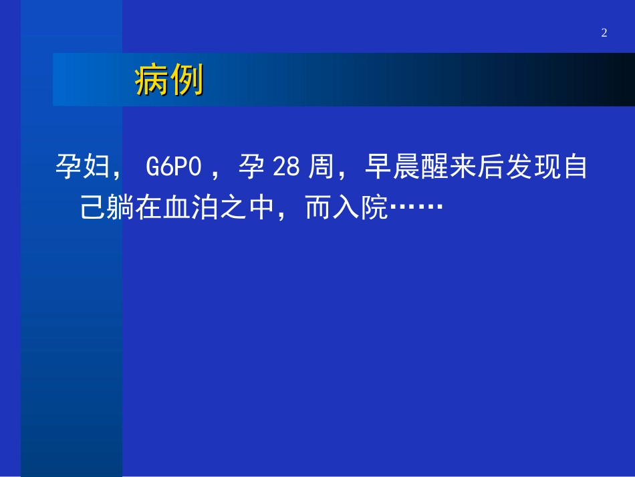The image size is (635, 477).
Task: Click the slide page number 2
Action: [604, 33]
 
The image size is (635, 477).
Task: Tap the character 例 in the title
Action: [186, 81]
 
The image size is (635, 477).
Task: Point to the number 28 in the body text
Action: [286, 167]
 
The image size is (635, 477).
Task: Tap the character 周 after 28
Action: [322, 167]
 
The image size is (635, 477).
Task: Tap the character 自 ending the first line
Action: [574, 167]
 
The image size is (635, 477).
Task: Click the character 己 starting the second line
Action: [94, 209]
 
